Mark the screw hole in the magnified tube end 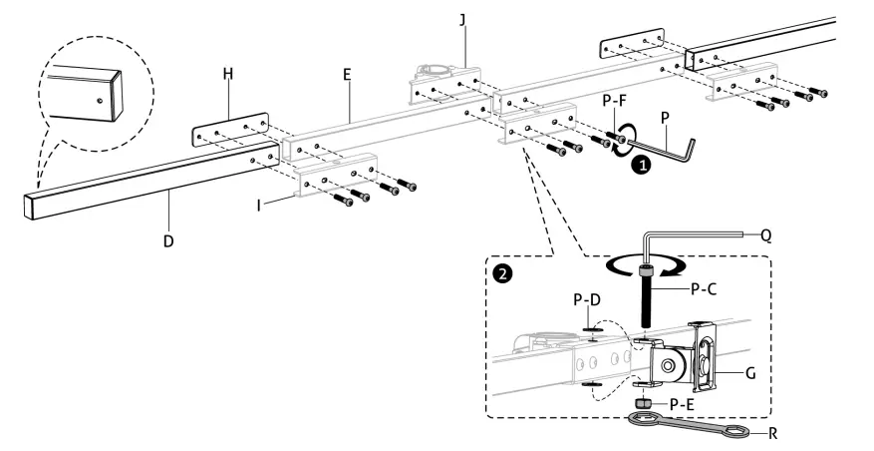tap(100, 99)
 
